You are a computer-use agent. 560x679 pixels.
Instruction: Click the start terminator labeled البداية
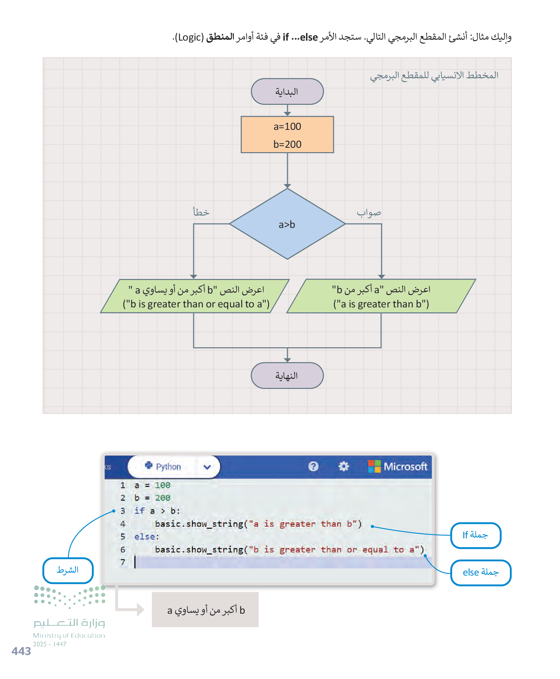(287, 92)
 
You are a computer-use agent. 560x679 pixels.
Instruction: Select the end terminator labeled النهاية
(287, 375)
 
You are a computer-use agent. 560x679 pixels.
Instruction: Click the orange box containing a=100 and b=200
(287, 135)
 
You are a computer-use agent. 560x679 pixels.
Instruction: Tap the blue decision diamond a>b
(287, 224)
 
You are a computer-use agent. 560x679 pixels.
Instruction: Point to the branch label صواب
(369, 213)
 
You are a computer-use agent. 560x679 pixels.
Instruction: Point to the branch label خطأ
(201, 212)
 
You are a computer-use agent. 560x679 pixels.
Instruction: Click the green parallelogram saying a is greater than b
(381, 296)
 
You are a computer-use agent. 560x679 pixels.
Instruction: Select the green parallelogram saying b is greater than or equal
(195, 296)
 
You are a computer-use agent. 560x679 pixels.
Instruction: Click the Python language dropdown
(174, 467)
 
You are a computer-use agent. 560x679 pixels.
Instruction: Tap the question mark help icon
(314, 467)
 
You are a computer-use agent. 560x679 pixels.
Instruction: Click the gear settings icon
(343, 467)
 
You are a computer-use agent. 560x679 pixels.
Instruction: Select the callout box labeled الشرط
(68, 570)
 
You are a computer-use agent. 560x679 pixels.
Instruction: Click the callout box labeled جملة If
(475, 535)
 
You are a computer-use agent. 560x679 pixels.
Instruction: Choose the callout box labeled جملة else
(480, 572)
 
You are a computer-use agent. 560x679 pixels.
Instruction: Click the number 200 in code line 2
(163, 498)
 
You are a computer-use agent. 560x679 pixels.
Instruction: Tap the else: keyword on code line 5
(147, 537)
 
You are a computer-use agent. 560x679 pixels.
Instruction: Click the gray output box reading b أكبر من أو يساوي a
(205, 610)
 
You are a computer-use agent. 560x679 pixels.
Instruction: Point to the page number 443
(21, 651)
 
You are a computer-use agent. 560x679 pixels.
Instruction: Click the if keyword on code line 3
(139, 511)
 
